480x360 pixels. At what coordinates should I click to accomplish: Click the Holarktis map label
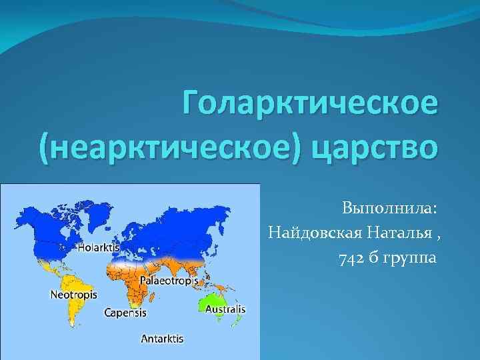pos(99,247)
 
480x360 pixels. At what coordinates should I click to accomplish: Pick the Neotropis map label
pos(74,294)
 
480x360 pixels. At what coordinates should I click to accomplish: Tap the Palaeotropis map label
pos(168,281)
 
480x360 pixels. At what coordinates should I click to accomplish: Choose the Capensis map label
pos(126,311)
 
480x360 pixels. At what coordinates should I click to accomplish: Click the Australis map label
pos(225,309)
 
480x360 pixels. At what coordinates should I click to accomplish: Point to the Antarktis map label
pos(162,338)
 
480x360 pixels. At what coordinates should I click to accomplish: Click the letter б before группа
pos(373,257)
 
